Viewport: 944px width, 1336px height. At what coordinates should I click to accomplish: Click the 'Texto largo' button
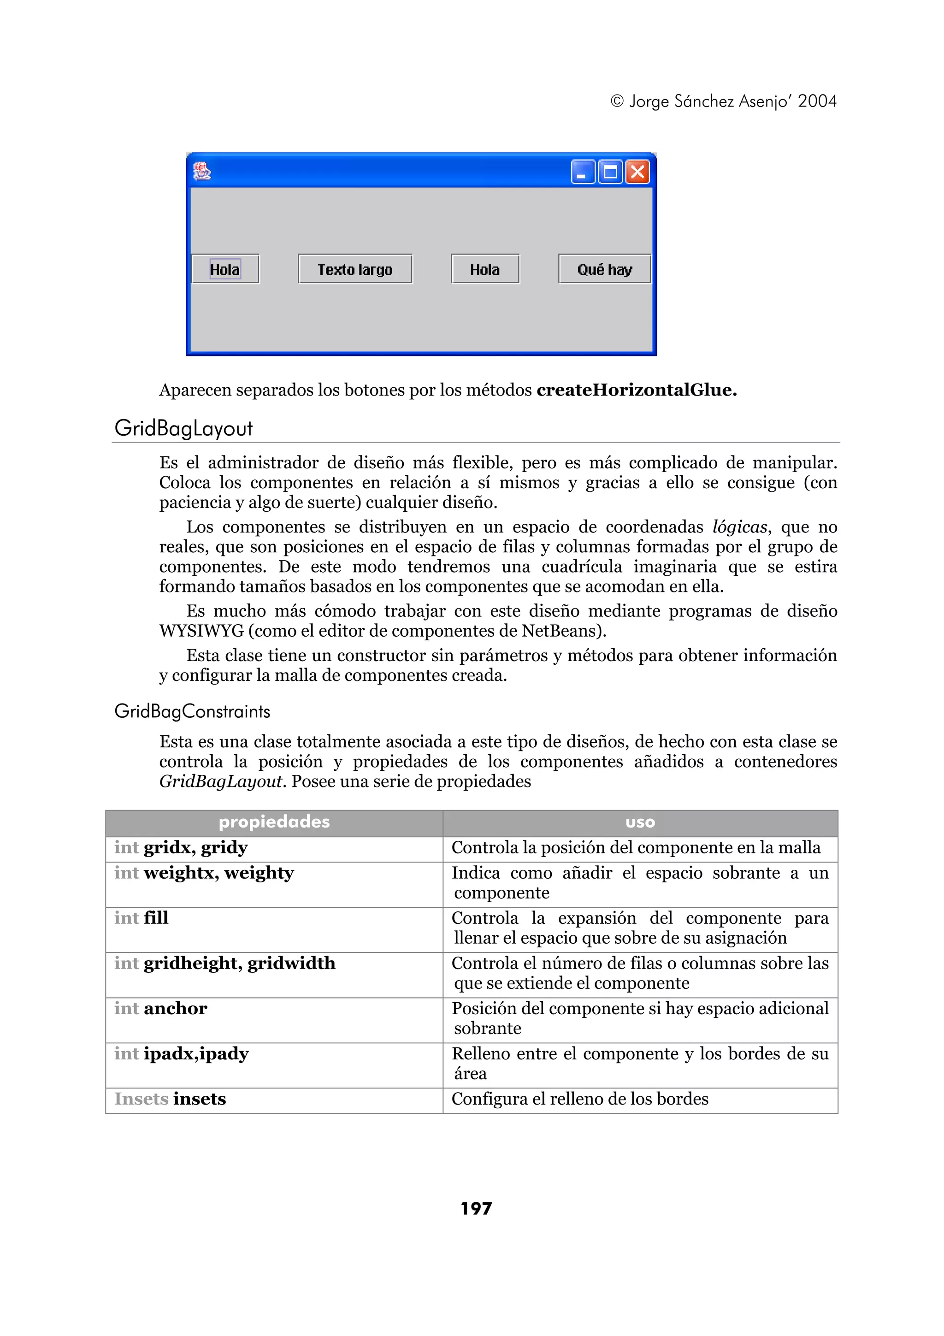355,269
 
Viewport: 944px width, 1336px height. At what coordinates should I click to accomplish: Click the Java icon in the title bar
202,171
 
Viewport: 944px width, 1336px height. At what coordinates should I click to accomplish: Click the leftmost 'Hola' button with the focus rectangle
225,269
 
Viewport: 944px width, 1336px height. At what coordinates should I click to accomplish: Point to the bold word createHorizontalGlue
636,390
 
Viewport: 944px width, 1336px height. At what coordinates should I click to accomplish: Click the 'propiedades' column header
274,822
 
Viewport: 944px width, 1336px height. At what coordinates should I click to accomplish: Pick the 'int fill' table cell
142,918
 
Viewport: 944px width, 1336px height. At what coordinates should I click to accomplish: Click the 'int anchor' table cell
160,1008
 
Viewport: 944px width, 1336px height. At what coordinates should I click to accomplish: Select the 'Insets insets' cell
170,1099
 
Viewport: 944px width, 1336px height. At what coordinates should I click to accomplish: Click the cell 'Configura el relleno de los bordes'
580,1099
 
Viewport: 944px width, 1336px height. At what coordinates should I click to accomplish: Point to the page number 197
476,1209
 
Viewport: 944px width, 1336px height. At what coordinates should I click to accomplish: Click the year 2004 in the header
817,101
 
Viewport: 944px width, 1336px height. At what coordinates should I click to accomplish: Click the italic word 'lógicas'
739,527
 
